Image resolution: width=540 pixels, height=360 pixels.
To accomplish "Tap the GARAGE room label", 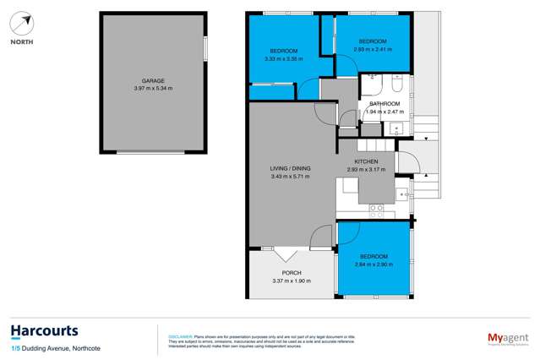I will pyautogui.click(x=153, y=81).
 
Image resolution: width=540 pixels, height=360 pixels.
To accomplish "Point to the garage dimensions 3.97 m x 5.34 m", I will pyautogui.click(x=153, y=89).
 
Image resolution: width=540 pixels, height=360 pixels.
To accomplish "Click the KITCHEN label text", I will pyautogui.click(x=366, y=161).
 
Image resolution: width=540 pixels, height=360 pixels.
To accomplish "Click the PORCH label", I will pyautogui.click(x=292, y=272).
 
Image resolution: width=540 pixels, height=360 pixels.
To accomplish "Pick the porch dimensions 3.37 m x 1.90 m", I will pyautogui.click(x=292, y=281).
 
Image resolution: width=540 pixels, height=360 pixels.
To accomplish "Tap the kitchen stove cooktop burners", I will pyautogui.click(x=379, y=207).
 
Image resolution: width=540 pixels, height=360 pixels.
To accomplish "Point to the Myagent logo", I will pyautogui.click(x=507, y=337).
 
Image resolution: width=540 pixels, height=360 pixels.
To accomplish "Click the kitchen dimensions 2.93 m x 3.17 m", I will pyautogui.click(x=366, y=170).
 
